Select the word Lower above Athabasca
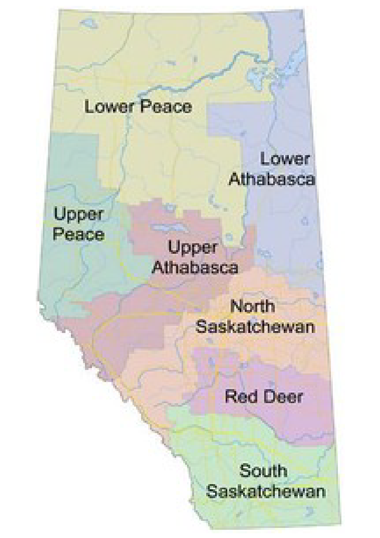coord(285,159)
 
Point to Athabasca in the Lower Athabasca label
coord(272,179)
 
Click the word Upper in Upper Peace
coord(78,215)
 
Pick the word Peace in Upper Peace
coord(78,234)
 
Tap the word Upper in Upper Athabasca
coord(193,248)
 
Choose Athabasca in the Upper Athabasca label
coord(195,267)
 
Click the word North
coord(253,306)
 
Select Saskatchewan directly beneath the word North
coord(255,326)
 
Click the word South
coord(263,471)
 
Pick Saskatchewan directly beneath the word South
coord(266,491)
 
